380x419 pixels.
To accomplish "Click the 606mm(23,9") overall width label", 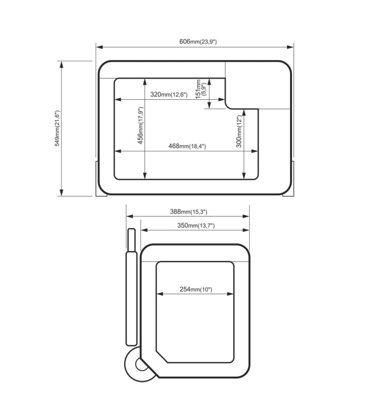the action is click(198, 42).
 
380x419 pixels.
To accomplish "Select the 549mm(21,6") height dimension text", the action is click(57, 128).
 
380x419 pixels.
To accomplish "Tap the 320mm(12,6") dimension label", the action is click(169, 94).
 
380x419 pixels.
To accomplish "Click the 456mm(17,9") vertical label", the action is click(141, 125).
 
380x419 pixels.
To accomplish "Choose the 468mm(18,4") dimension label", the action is click(187, 146).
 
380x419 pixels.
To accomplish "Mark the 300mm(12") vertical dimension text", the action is click(239, 131).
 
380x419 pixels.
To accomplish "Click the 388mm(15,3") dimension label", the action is click(189, 212).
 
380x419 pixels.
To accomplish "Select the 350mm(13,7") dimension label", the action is click(196, 226).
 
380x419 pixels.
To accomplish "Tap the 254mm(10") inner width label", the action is click(196, 290).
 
